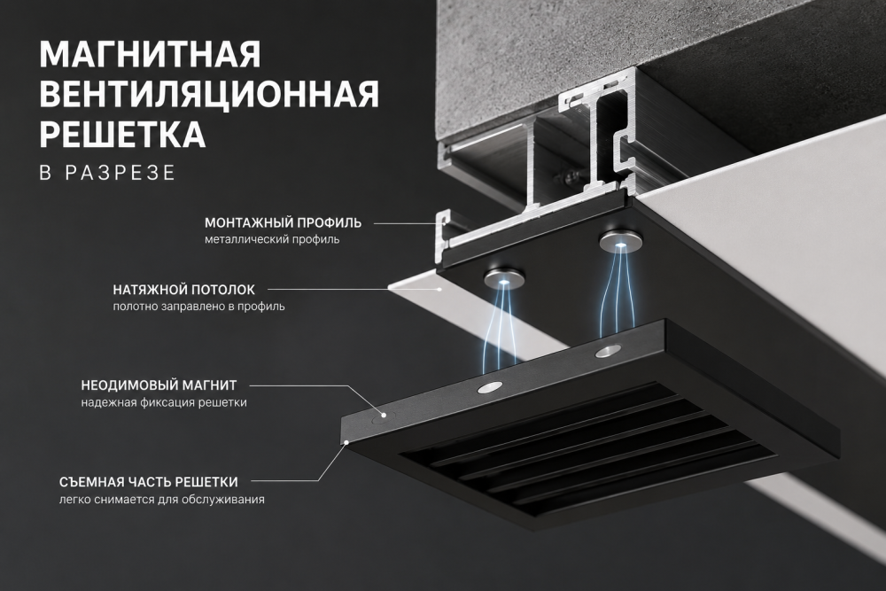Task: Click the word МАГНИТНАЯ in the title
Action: [x=151, y=54]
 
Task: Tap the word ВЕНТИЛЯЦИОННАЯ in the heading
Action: [x=209, y=94]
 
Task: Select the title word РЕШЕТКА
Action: [x=122, y=134]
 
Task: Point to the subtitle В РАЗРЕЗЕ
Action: [x=107, y=173]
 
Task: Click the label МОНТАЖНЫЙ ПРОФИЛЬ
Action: [x=284, y=222]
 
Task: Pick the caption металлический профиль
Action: [x=272, y=239]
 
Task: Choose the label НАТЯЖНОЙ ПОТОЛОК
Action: [x=183, y=290]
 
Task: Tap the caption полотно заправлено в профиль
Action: [x=198, y=307]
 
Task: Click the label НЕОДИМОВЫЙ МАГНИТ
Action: [x=159, y=386]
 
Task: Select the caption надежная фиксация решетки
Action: [x=164, y=403]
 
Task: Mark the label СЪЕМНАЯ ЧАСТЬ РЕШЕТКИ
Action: [x=149, y=483]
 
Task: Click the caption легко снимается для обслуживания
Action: [x=162, y=500]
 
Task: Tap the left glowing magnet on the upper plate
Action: [x=504, y=276]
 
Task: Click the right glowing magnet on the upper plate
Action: [x=620, y=241]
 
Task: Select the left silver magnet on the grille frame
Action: [x=490, y=387]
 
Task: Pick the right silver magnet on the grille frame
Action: [x=608, y=350]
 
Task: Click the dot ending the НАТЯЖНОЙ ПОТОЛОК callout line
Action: [x=439, y=289]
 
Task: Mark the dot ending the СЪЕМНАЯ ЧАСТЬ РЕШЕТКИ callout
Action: [x=346, y=442]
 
